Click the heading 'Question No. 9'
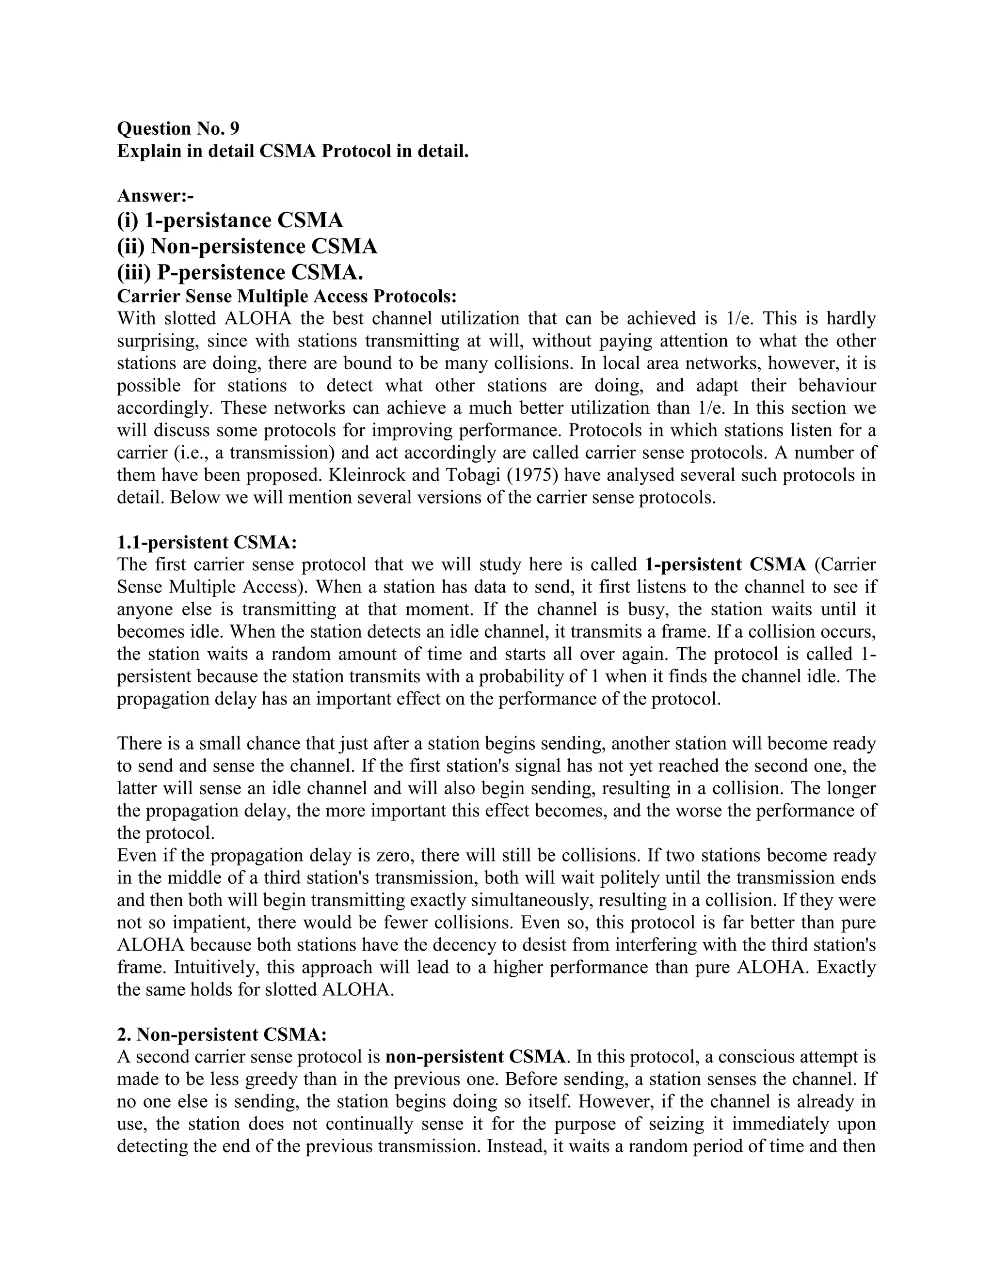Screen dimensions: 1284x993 pos(177,128)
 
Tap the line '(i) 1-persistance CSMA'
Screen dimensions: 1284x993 pos(230,220)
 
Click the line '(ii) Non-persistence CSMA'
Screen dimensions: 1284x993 pos(247,246)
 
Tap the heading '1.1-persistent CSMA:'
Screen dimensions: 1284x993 pos(207,542)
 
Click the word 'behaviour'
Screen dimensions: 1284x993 pos(836,386)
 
